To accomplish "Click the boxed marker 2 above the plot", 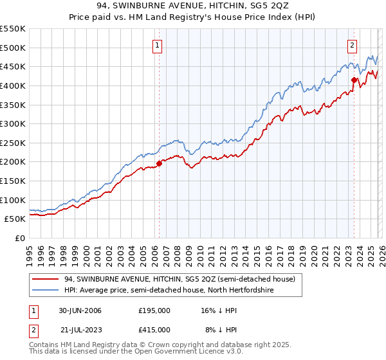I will click(x=353, y=45).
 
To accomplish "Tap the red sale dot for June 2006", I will click(x=159, y=163).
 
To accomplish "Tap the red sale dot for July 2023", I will click(x=354, y=80).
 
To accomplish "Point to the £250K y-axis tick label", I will click(x=13, y=143).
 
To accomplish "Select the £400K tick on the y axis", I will click(x=13, y=85).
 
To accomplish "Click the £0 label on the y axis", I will click(x=20, y=238).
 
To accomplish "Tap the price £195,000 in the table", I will click(x=154, y=310).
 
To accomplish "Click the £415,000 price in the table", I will click(x=154, y=329).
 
